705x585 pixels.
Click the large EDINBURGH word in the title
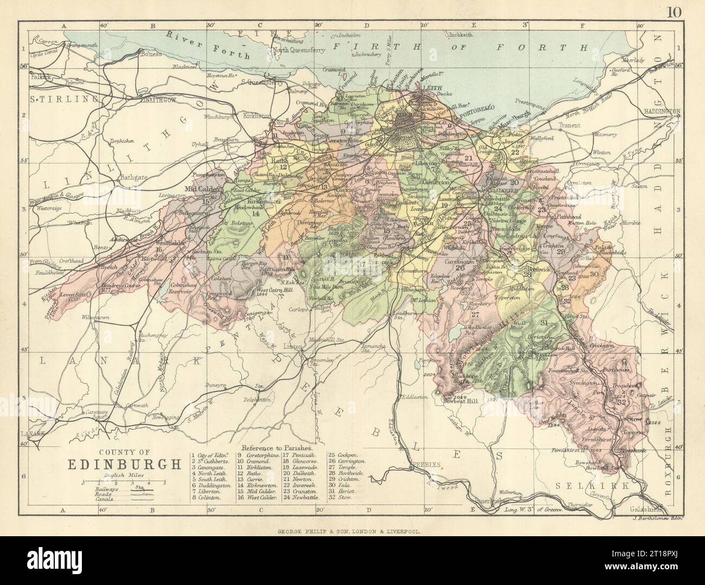click(x=124, y=464)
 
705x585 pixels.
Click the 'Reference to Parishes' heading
click(x=278, y=448)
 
